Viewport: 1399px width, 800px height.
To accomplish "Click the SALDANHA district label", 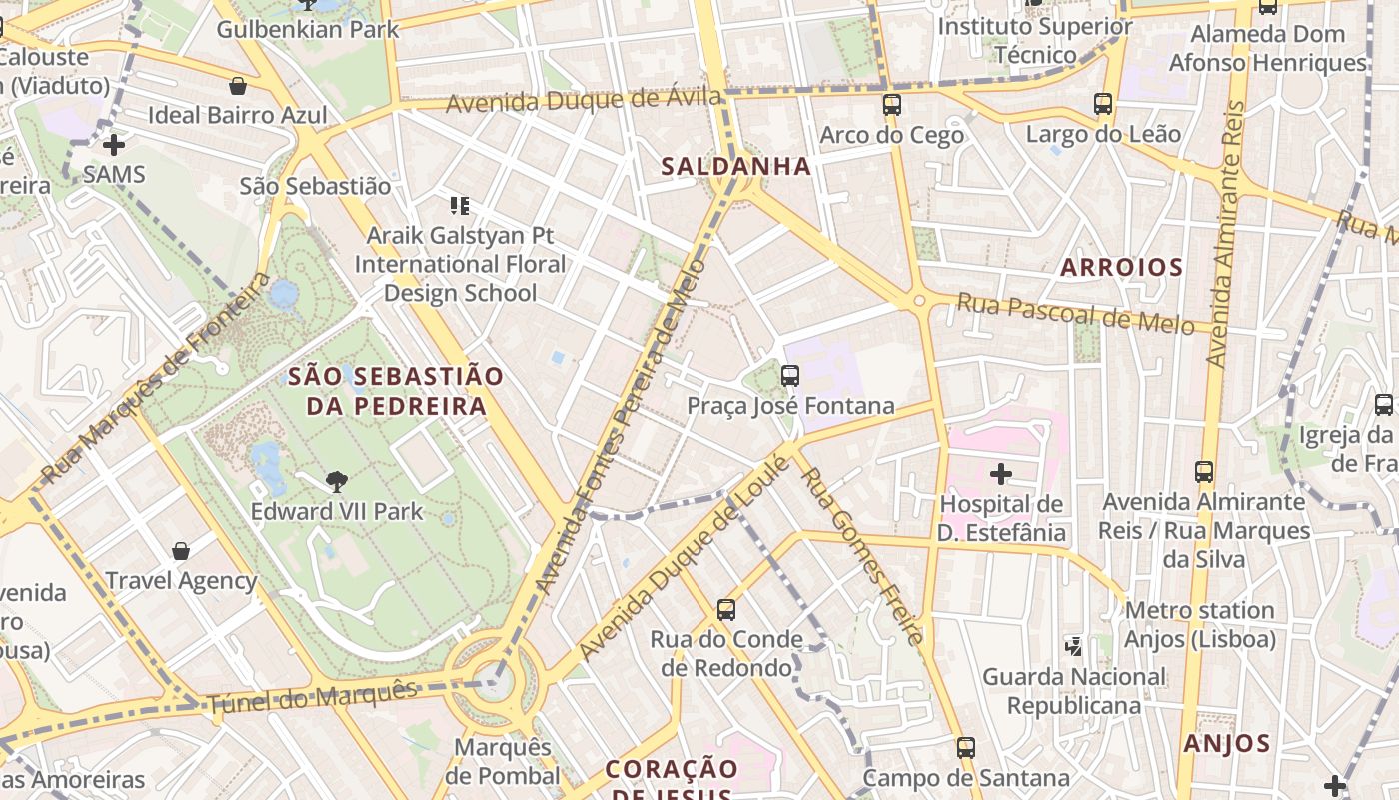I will [x=735, y=167].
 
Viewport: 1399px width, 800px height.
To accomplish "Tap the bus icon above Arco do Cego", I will [x=891, y=104].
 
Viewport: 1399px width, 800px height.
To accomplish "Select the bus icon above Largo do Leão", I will [x=1103, y=104].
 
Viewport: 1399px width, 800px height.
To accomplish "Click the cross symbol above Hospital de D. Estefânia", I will [x=1000, y=474].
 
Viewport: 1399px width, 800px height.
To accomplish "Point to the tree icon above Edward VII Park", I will [x=337, y=482].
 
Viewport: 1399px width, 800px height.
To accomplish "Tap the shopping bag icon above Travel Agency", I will [x=181, y=551].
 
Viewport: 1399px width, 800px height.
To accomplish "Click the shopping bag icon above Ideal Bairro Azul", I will [x=238, y=86].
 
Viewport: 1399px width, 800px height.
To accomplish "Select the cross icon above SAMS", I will [x=114, y=145].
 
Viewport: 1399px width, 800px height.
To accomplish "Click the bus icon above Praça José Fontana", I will [x=790, y=376].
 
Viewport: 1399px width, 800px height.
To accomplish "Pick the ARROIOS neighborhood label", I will [x=1121, y=268].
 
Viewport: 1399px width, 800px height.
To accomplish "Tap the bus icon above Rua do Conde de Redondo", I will [x=726, y=609].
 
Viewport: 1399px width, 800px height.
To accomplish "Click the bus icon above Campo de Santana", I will [x=965, y=748].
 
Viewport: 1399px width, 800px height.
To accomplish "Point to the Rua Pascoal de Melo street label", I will [x=1075, y=314].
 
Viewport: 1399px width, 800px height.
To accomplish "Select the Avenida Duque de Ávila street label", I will [x=584, y=100].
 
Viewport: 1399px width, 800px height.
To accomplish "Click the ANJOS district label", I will [x=1226, y=744].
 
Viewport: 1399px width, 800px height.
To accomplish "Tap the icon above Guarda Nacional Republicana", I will [x=1074, y=647].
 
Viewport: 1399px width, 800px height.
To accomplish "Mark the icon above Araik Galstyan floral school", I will [x=460, y=206].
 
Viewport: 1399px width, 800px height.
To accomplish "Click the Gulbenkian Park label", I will [x=308, y=29].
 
